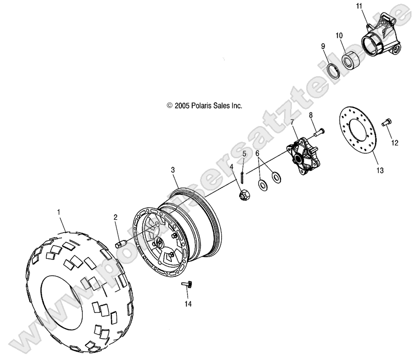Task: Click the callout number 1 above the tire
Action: tap(59, 212)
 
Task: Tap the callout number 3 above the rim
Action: tap(173, 170)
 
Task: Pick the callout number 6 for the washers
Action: tap(258, 153)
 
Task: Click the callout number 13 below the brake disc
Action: tap(380, 171)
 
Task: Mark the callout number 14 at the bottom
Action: tap(188, 304)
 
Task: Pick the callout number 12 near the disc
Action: tap(394, 143)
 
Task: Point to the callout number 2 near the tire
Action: tap(115, 217)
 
